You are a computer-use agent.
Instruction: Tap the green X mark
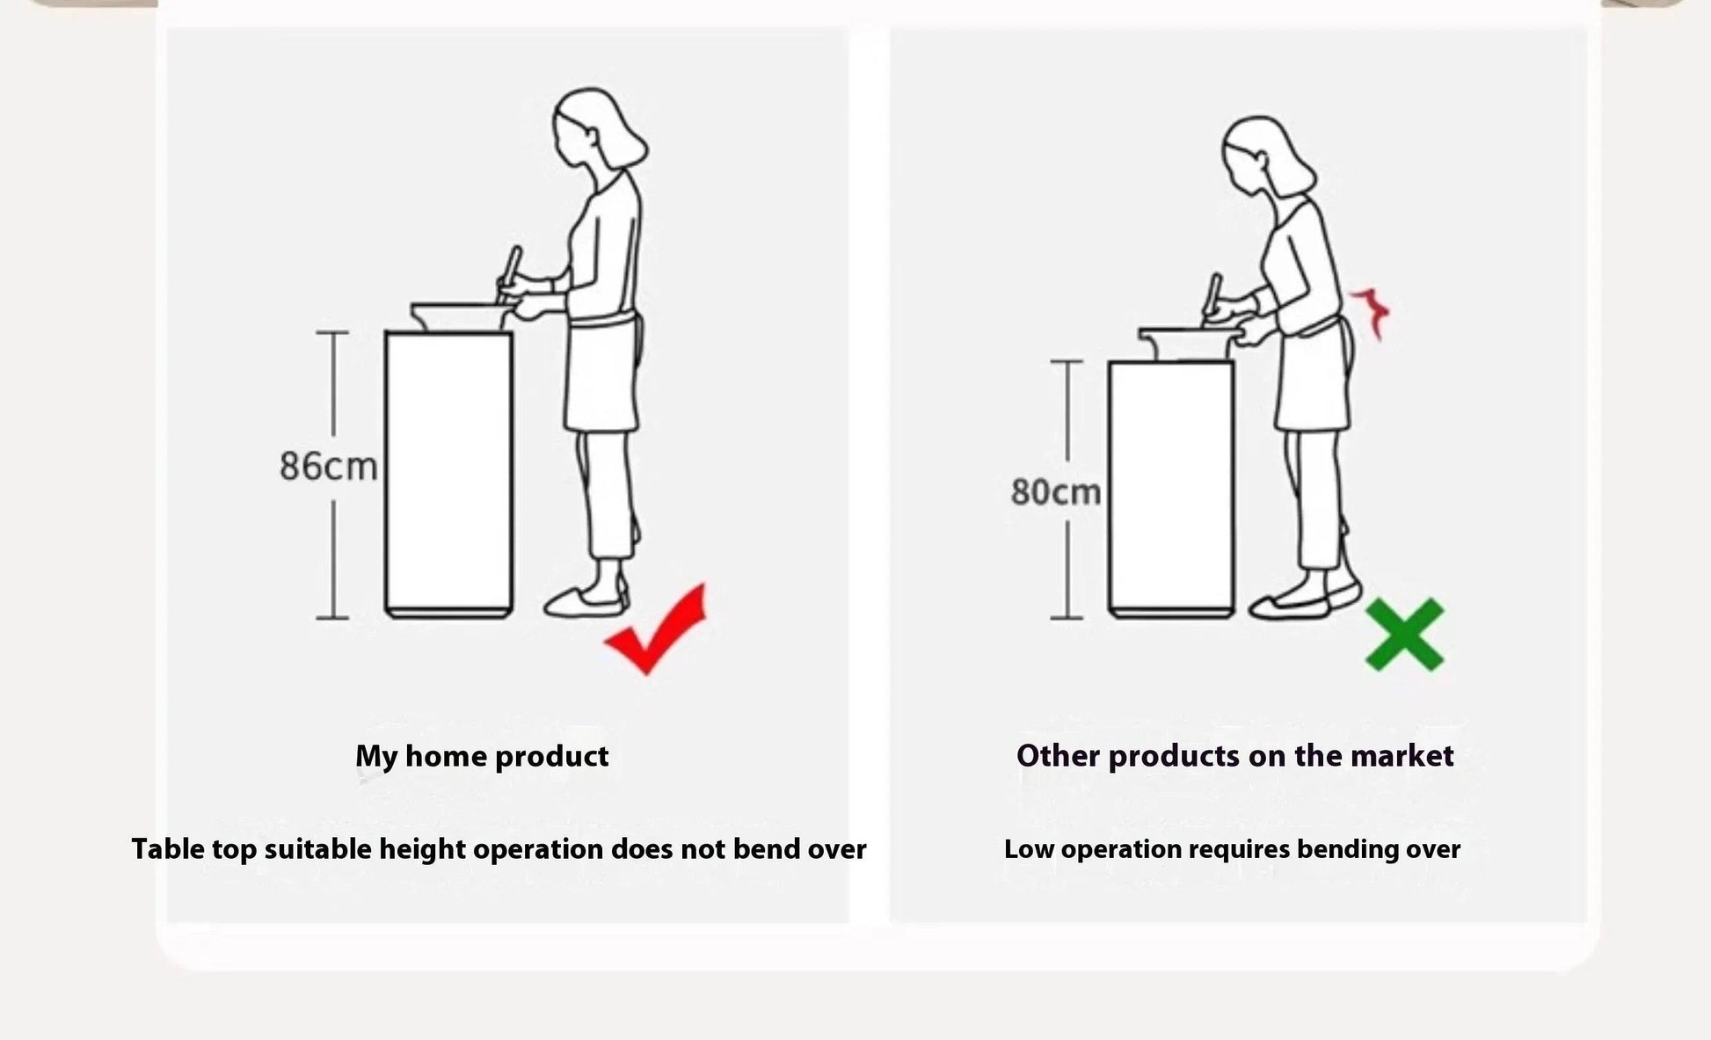point(1404,635)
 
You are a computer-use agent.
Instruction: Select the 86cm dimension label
point(328,466)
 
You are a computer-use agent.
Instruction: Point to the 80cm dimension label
point(1055,492)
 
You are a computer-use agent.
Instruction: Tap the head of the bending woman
point(1266,158)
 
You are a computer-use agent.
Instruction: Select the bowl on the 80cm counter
point(1187,343)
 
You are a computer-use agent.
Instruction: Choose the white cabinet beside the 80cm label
point(1171,489)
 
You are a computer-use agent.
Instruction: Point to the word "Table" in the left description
point(168,849)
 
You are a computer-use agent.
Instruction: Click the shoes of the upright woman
point(586,601)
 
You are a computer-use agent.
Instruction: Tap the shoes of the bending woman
point(1304,601)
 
